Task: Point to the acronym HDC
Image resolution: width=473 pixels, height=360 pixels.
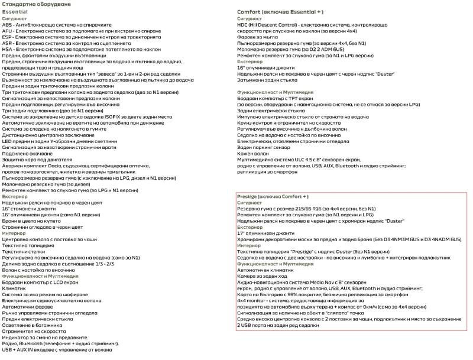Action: pyautogui.click(x=243, y=25)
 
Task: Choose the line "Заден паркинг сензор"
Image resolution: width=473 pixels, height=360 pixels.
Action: pyautogui.click(x=263, y=147)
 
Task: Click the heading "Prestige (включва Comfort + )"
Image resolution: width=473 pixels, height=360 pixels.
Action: pyautogui.click(x=273, y=196)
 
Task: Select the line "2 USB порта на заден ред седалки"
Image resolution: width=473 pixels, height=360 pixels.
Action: pyautogui.click(x=277, y=325)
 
